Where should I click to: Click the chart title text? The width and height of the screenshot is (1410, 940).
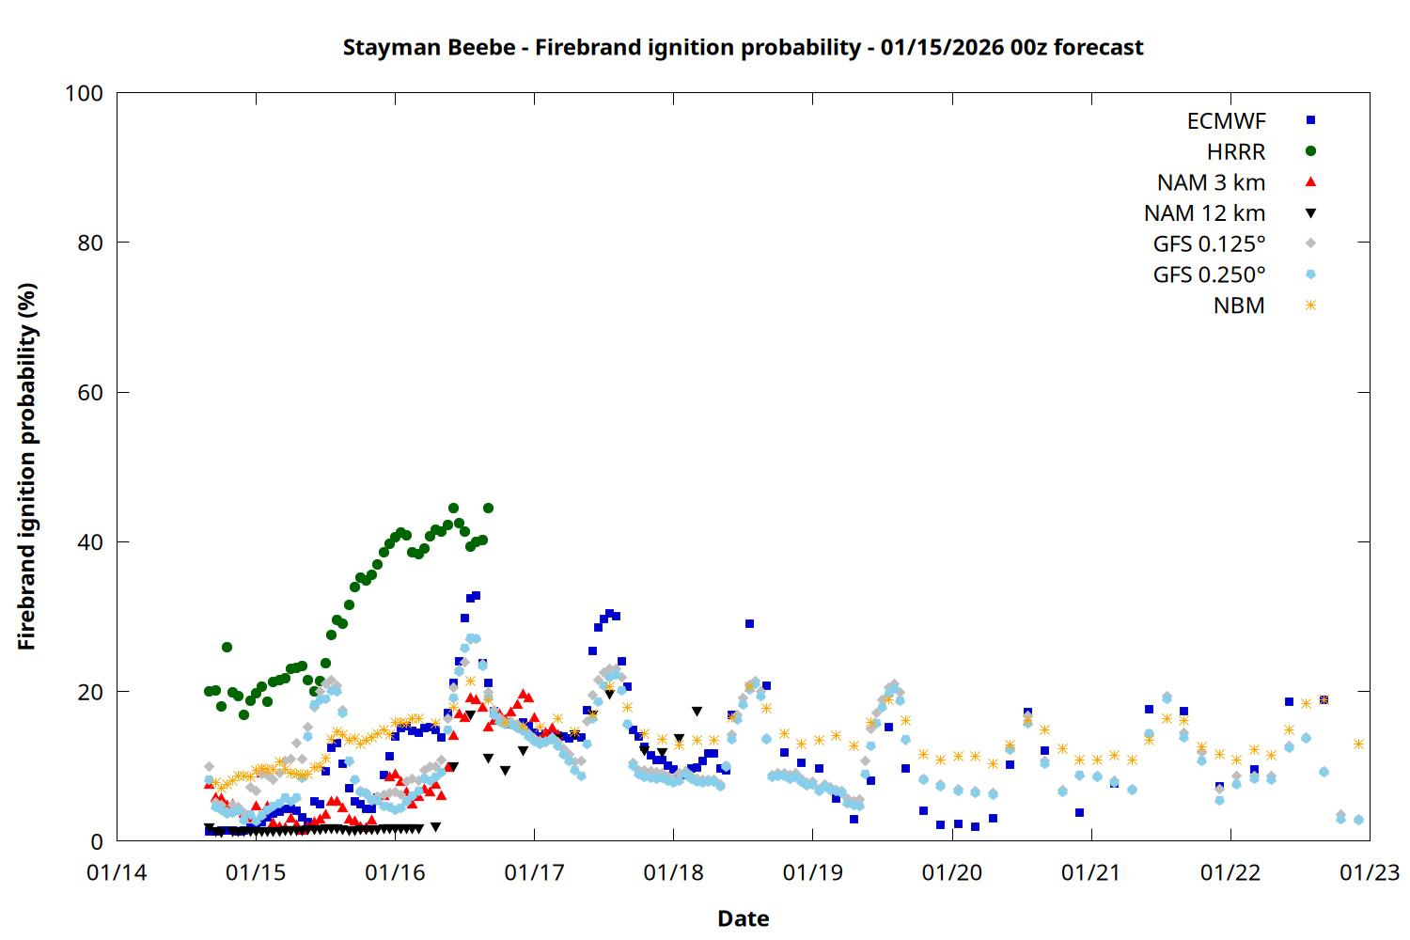click(743, 47)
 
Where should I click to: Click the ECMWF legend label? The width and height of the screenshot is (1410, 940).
click(1226, 120)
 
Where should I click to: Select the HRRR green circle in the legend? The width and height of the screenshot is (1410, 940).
click(1310, 151)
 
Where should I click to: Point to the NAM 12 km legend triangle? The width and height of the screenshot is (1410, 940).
click(1310, 213)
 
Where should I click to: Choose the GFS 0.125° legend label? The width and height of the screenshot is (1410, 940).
click(1209, 244)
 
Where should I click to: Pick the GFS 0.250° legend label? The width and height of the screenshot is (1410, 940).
click(1209, 274)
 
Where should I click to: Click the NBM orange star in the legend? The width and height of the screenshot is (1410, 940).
click(1310, 305)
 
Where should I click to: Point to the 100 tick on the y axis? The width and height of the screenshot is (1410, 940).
click(84, 93)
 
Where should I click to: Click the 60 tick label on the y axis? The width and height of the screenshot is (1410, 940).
click(90, 393)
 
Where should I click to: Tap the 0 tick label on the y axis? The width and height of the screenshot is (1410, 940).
click(97, 842)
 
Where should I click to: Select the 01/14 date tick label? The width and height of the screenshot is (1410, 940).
click(117, 873)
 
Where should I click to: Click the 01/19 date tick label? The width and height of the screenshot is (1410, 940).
click(812, 873)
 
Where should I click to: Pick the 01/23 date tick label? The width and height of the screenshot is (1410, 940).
click(1369, 873)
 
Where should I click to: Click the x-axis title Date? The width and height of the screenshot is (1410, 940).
click(743, 918)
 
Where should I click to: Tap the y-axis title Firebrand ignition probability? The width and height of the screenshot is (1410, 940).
click(27, 466)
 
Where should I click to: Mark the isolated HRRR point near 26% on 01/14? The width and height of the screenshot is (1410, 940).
click(227, 648)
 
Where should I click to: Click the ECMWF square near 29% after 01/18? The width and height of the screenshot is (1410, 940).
click(749, 624)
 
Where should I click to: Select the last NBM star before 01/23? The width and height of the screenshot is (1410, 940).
click(1358, 744)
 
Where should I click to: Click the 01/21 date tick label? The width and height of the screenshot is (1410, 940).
click(1090, 873)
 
